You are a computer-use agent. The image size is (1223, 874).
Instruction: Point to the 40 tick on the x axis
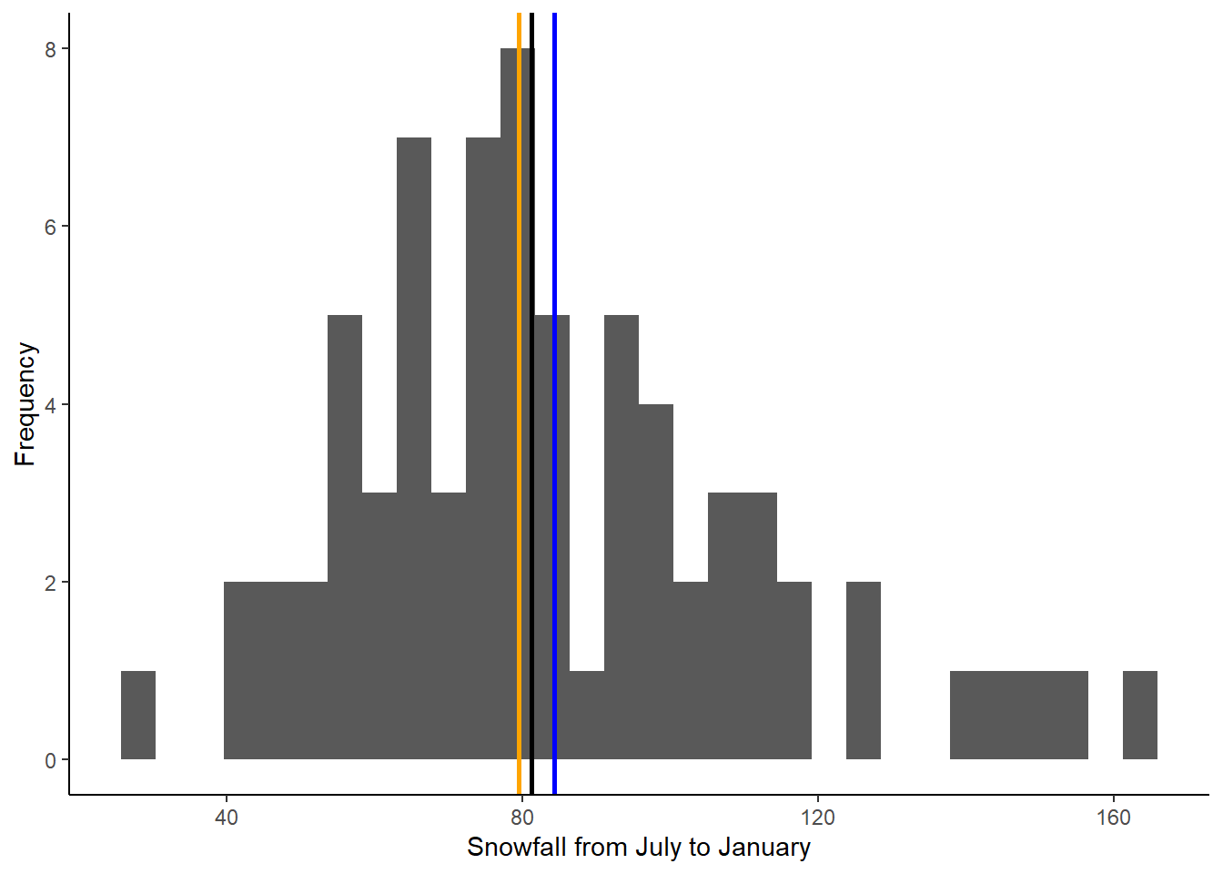(x=227, y=818)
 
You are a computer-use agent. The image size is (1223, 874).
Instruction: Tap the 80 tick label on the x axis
(x=522, y=818)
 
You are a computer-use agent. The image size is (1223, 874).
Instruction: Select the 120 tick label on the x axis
(x=818, y=818)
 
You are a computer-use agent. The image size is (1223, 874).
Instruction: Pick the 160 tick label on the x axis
(x=1114, y=818)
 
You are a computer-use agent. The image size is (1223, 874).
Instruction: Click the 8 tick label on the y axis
(x=51, y=49)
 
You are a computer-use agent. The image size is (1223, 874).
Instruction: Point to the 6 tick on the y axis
(x=51, y=227)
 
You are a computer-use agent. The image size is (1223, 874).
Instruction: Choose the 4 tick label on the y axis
(x=51, y=405)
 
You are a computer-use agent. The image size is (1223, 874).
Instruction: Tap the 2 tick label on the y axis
(x=51, y=583)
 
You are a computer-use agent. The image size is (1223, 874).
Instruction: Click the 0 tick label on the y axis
(x=51, y=760)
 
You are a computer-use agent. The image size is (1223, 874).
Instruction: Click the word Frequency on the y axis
(x=25, y=404)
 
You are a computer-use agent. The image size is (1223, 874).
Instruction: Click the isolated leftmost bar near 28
(x=138, y=716)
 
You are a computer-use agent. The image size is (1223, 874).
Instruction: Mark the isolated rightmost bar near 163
(x=1140, y=716)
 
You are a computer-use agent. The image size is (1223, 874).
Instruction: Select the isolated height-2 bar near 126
(x=864, y=671)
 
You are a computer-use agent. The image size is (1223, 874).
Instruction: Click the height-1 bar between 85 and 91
(x=587, y=716)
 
